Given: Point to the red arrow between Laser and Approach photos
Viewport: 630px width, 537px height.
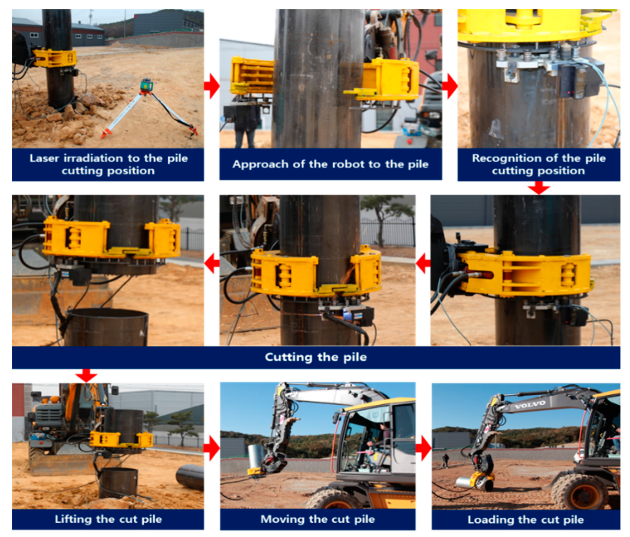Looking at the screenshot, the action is (x=211, y=86).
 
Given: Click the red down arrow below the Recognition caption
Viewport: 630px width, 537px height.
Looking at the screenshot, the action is (x=539, y=188).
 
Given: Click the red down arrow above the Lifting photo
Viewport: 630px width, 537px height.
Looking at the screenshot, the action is (x=86, y=375).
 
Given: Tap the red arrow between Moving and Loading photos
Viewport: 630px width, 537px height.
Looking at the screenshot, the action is (x=423, y=448).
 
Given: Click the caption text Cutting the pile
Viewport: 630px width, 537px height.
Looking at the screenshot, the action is (x=316, y=357).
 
